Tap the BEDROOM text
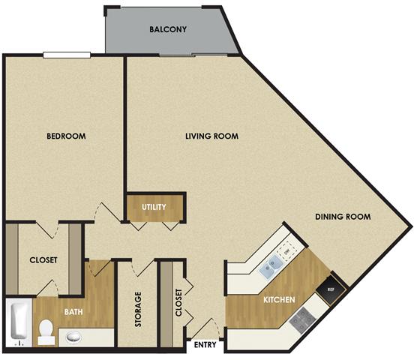[66, 136]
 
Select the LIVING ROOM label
[212, 136]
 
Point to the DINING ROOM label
[344, 217]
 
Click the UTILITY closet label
[154, 207]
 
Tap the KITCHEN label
[278, 300]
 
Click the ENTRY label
[206, 346]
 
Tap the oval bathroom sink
[73, 337]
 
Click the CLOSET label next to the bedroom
[43, 260]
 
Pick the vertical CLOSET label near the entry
[178, 304]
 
